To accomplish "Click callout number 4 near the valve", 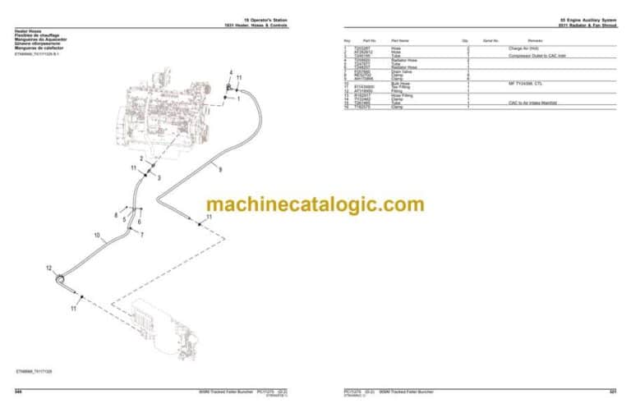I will pyautogui.click(x=232, y=73).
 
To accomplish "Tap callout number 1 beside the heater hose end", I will pyautogui.click(x=238, y=99).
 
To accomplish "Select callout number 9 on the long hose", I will pyautogui.click(x=219, y=169).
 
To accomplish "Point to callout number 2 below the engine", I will pyautogui.click(x=141, y=158).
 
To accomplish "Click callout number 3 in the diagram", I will pyautogui.click(x=159, y=178).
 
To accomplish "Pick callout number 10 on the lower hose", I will pyautogui.click(x=96, y=236).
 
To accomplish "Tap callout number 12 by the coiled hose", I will pyautogui.click(x=49, y=268).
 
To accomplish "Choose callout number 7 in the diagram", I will pyautogui.click(x=141, y=236).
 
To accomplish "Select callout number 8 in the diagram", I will pyautogui.click(x=116, y=216).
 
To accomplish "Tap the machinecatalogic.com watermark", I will pyautogui.click(x=315, y=204).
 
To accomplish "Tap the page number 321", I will pyautogui.click(x=612, y=390).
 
